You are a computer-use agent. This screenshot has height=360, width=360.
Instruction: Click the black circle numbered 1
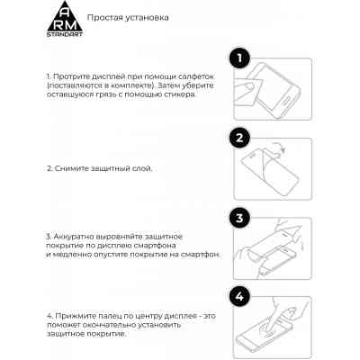pos(238,59)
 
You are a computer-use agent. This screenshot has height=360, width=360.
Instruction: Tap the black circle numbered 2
pos(238,139)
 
